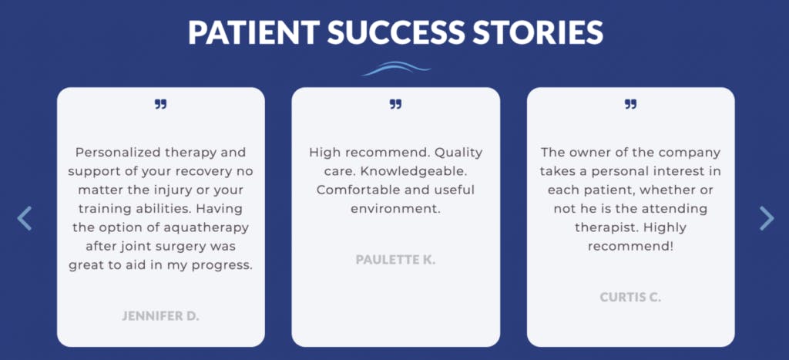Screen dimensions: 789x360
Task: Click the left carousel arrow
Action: [x=24, y=218]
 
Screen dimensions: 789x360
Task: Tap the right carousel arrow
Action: [x=767, y=218]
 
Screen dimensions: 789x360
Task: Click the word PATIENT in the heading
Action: [x=253, y=32]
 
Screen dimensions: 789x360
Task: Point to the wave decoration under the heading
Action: [x=396, y=69]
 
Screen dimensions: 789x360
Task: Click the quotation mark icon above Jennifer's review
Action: [x=160, y=104]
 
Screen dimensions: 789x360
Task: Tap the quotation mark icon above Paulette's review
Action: [x=395, y=104]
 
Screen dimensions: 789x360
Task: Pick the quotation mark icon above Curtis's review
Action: [x=630, y=104]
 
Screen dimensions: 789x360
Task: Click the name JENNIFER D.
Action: [x=160, y=316]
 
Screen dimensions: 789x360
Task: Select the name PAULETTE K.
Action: [x=395, y=260]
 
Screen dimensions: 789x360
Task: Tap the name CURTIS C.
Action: [x=630, y=297]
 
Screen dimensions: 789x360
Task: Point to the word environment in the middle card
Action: [x=395, y=208]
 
